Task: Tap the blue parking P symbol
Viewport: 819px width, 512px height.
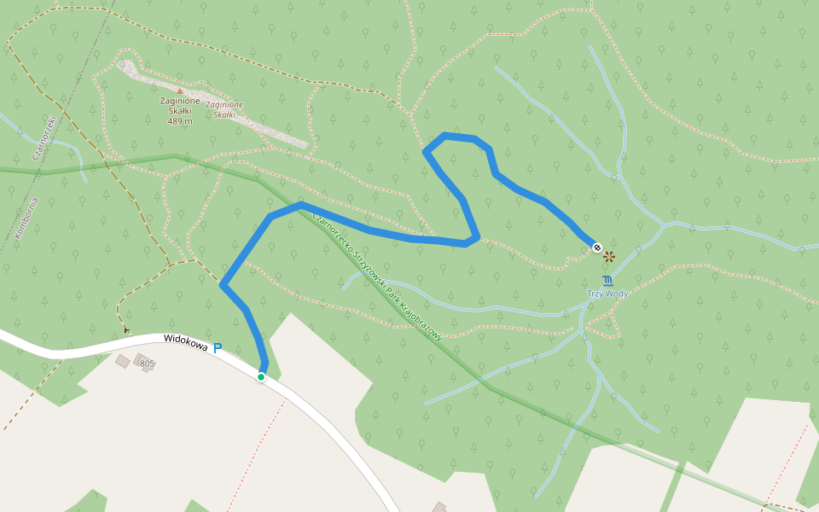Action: click(x=218, y=348)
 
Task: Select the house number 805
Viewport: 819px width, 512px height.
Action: click(x=148, y=364)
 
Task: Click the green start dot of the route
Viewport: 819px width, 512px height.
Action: click(x=261, y=376)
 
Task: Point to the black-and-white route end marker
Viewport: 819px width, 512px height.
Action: click(x=596, y=247)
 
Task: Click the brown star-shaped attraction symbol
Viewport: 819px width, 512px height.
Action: click(x=609, y=255)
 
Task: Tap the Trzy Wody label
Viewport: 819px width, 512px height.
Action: click(x=607, y=294)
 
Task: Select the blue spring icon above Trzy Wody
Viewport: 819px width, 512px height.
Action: click(x=607, y=280)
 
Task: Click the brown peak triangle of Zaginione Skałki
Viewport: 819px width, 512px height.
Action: click(x=179, y=90)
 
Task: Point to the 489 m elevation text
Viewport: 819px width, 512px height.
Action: click(x=180, y=121)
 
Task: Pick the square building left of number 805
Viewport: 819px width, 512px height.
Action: click(x=123, y=362)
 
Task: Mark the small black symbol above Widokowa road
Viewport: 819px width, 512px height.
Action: click(x=127, y=329)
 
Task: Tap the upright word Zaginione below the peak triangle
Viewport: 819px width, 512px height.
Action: click(x=180, y=101)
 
